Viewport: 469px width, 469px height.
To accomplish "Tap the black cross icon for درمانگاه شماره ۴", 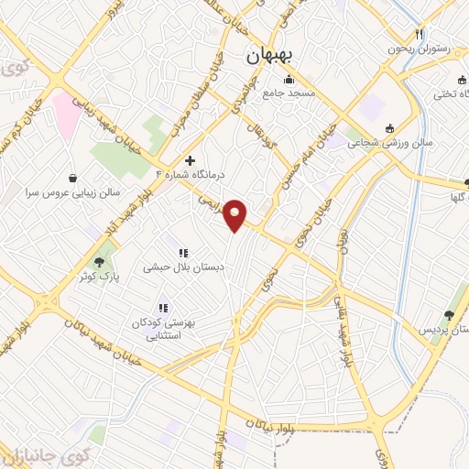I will (191, 160).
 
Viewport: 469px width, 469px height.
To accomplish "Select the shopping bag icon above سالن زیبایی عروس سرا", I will (72, 176).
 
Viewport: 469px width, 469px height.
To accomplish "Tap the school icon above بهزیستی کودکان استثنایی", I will (163, 309).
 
